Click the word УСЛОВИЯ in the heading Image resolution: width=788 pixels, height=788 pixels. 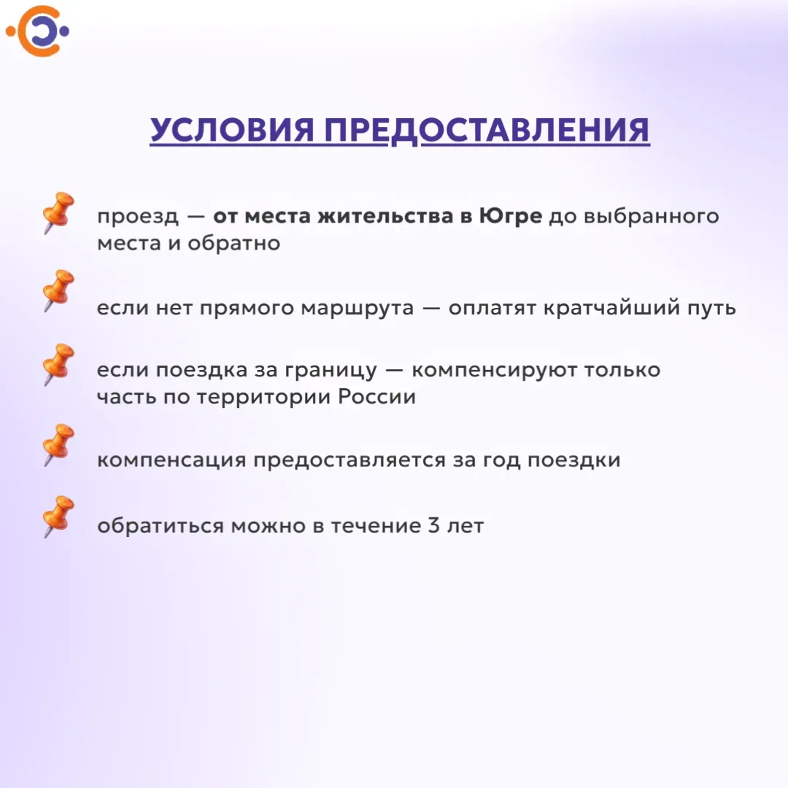click(232, 130)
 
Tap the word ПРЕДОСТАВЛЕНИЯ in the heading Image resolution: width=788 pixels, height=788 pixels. click(487, 130)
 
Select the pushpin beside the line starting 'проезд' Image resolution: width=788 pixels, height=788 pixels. click(58, 212)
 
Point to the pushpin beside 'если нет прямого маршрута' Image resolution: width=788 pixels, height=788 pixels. click(58, 290)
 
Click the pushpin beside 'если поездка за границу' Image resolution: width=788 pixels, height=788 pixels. click(58, 364)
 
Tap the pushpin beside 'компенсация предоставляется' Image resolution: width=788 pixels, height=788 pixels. click(58, 445)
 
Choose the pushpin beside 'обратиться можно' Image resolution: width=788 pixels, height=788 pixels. click(58, 517)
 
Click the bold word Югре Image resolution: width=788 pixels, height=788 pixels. click(511, 217)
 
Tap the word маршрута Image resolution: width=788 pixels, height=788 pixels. click(358, 308)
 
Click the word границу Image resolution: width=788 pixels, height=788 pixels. click(331, 371)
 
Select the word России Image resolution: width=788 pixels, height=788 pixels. click(377, 396)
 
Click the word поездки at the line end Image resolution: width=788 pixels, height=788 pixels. click(574, 460)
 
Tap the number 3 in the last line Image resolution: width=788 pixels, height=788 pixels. click(434, 525)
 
